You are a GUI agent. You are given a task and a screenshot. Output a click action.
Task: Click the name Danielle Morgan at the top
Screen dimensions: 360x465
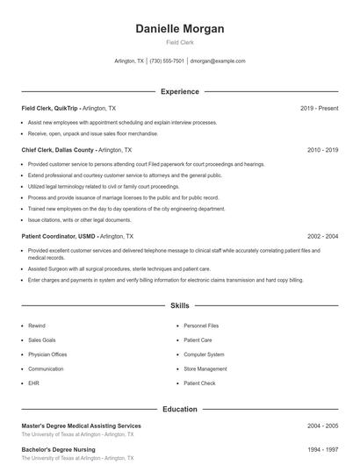tap(179, 29)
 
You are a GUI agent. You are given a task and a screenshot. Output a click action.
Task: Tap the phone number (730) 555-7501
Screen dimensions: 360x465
tap(167, 61)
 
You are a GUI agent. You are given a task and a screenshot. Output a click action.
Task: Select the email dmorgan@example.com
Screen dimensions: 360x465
tap(217, 61)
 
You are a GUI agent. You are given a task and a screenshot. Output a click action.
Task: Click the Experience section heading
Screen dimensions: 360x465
tap(179, 91)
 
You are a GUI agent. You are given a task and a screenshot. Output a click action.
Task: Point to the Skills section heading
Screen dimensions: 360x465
tap(179, 306)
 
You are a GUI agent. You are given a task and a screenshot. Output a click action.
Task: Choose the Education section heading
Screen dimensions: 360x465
tap(179, 409)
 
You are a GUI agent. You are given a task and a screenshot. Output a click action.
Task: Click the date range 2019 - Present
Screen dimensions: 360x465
tap(319, 108)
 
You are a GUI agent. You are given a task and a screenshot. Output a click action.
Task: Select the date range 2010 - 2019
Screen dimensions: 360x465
tap(322, 150)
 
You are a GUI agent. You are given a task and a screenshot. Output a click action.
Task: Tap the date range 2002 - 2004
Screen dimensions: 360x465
tap(322, 236)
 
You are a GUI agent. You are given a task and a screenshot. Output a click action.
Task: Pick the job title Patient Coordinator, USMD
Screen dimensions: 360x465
tap(60, 236)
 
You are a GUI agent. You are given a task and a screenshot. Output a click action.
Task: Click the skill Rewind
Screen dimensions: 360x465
tap(37, 325)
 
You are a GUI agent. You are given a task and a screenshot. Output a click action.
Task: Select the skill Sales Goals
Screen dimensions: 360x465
tap(42, 340)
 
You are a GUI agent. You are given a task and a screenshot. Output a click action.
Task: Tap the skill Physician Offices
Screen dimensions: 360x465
tap(47, 354)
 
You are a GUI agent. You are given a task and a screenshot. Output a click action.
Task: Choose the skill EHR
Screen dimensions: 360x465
tap(33, 383)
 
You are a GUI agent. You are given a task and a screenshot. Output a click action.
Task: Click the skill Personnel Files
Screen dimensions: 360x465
tap(201, 325)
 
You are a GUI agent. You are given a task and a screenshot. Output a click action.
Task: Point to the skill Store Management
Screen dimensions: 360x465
tap(205, 368)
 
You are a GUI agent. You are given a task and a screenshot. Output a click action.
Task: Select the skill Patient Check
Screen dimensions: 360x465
tap(199, 383)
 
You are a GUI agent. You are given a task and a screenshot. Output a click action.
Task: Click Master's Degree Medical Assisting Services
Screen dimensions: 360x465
tap(81, 426)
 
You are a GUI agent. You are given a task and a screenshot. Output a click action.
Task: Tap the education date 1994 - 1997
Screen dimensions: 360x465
tap(322, 450)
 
